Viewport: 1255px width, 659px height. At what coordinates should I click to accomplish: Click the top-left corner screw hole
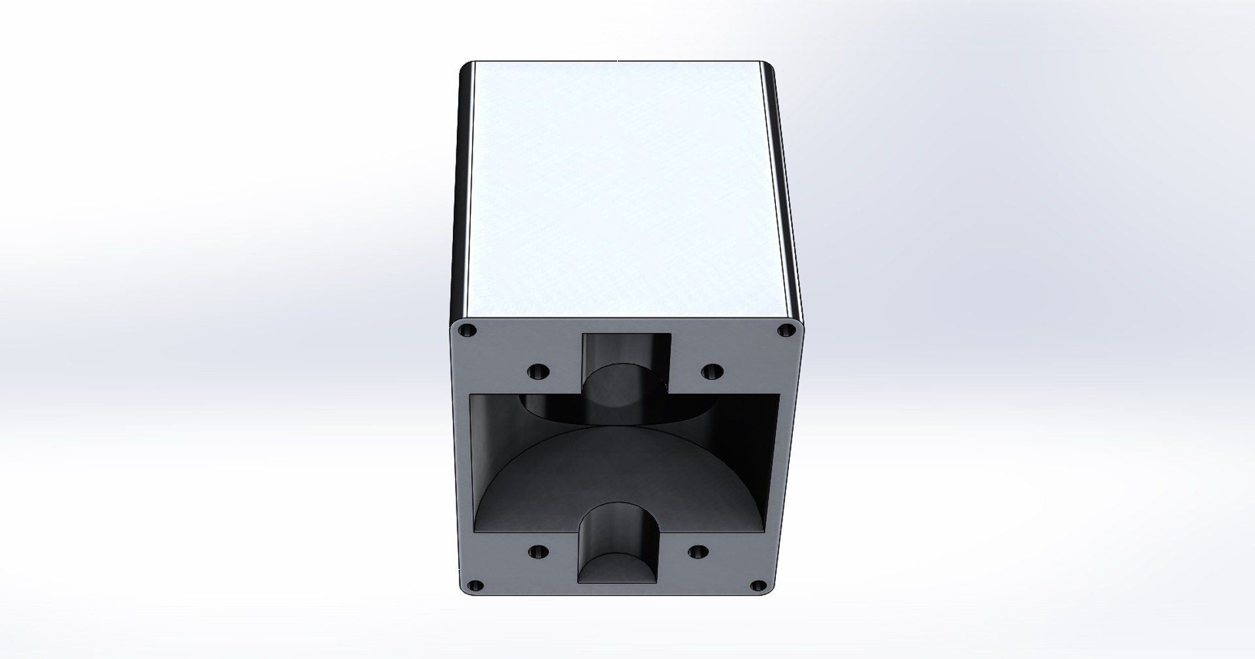pos(466,331)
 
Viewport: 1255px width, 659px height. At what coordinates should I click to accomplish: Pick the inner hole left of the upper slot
pos(539,372)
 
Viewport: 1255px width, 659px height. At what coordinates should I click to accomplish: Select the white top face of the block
pos(618,189)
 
